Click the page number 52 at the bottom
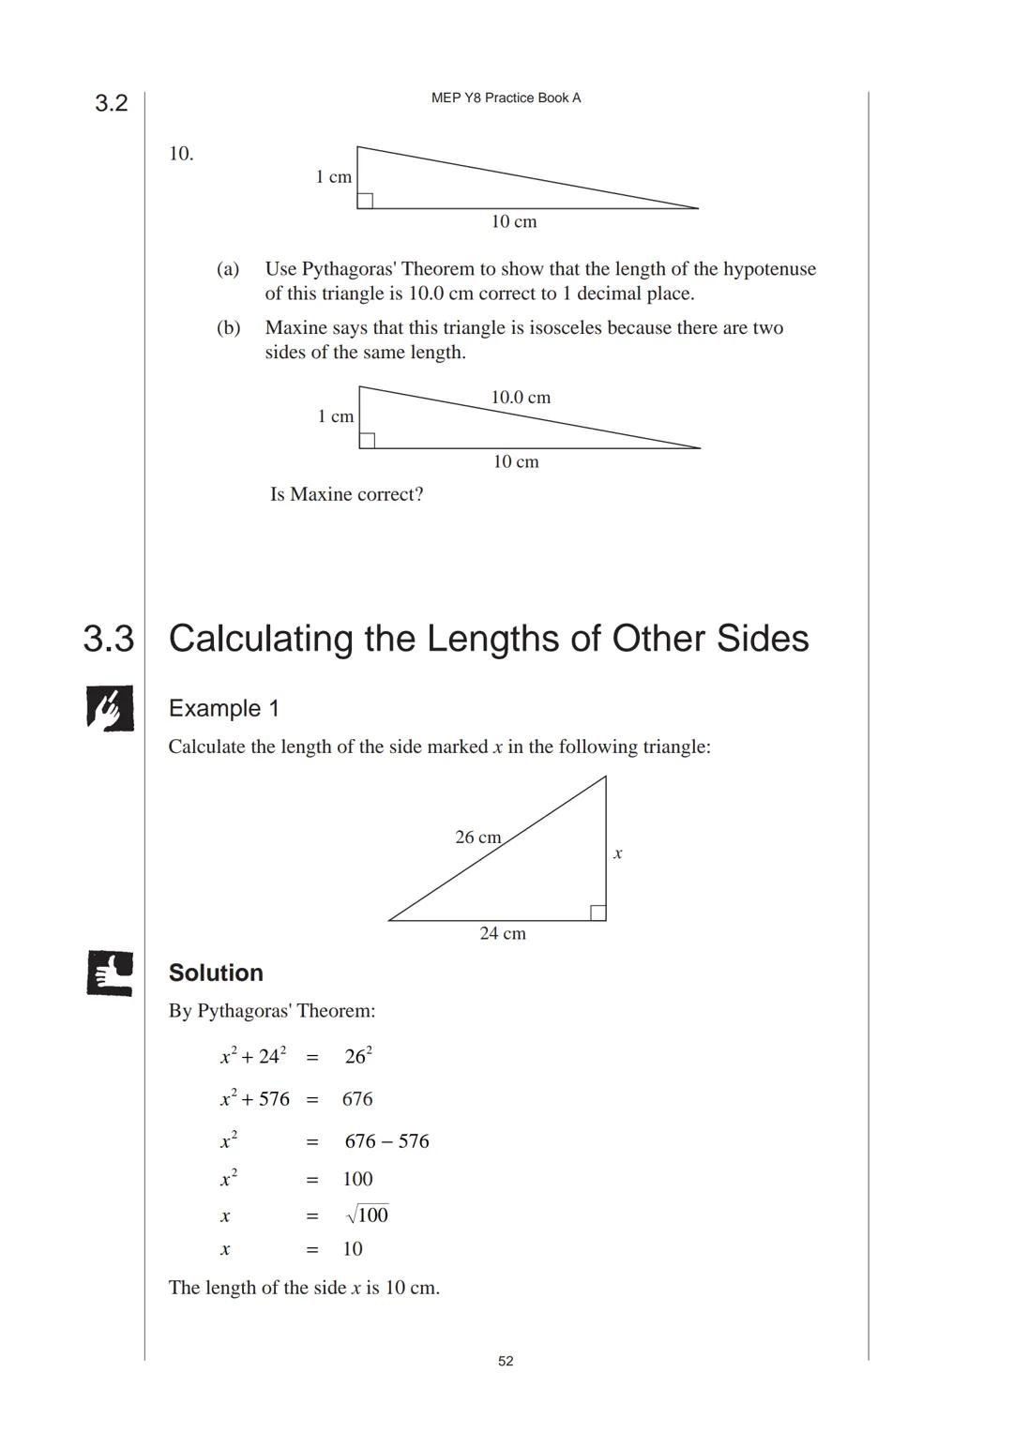pos(506,1361)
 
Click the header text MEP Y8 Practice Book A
pos(506,98)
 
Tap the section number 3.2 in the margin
pos(111,103)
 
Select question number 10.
pos(181,154)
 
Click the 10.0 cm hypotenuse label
pos(521,398)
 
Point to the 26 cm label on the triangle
pos(477,837)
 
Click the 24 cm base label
pos(503,933)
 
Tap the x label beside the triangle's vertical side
pos(617,853)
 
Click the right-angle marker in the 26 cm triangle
pos(597,913)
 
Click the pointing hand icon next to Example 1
pos(110,708)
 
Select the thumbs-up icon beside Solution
pos(110,973)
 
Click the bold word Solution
pos(216,973)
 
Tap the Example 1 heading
pos(223,708)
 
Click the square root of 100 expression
pos(367,1215)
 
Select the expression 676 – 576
pos(386,1141)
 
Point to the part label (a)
pos(228,269)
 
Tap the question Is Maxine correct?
pos(346,494)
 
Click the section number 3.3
pos(109,639)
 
